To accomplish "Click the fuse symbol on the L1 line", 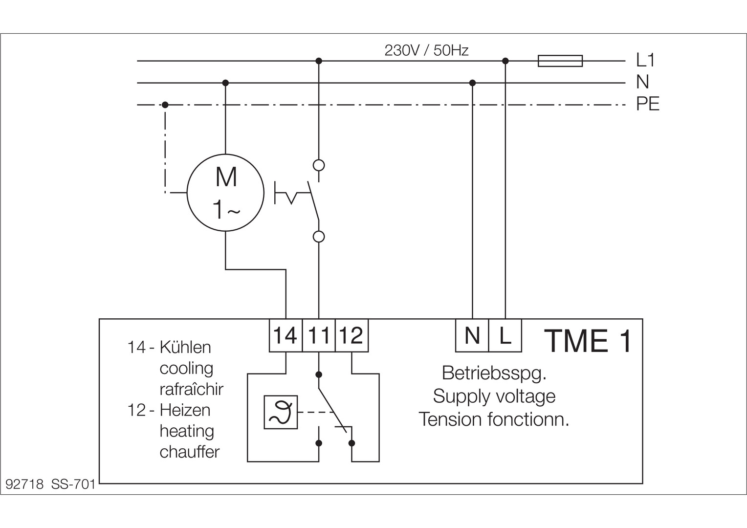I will click(560, 61).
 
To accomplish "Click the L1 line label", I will click(645, 60).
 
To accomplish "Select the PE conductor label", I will click(648, 104).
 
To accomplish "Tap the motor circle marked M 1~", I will click(225, 193).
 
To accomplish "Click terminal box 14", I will click(286, 335).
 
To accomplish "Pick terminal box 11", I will click(319, 335).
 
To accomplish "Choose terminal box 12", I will click(352, 335).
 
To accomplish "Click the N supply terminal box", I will click(472, 335).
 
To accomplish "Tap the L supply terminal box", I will click(505, 335).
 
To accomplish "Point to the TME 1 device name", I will click(588, 341).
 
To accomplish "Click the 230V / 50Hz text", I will click(426, 50).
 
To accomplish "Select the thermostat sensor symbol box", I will click(281, 412).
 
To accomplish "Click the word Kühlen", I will click(185, 348).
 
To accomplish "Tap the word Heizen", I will click(185, 410).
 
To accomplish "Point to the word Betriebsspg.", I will click(494, 373).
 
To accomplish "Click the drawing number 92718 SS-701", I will click(50, 484).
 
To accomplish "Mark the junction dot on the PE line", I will click(165, 105).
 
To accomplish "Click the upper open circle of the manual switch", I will click(319, 165).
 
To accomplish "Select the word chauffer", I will click(190, 452).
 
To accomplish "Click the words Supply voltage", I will click(494, 396).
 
